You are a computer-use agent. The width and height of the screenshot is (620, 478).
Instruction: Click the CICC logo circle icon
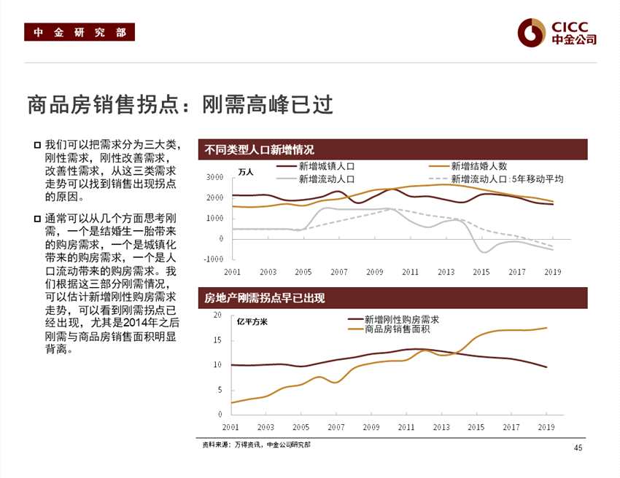(532, 32)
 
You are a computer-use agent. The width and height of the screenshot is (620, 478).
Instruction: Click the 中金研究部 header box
(80, 33)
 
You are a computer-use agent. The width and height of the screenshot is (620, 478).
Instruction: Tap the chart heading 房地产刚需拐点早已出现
(264, 298)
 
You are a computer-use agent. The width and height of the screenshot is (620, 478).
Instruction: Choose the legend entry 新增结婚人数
(478, 167)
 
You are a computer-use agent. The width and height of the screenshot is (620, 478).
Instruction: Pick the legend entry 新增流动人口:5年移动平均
(507, 179)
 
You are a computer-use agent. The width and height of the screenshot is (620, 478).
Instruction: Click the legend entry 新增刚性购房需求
(401, 319)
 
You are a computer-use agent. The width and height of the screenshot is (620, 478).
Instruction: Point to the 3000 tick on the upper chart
(214, 177)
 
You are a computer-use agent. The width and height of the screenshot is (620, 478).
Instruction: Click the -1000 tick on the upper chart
(213, 259)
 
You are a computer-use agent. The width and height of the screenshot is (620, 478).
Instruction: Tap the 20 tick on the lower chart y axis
(217, 315)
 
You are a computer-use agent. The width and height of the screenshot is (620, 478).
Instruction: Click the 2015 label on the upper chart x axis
(481, 272)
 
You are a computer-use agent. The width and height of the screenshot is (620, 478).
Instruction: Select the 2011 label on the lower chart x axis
(406, 427)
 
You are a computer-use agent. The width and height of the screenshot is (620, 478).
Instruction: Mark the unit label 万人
(246, 172)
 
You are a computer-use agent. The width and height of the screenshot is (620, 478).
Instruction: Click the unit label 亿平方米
(252, 321)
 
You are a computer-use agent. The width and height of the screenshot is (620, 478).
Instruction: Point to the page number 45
(578, 448)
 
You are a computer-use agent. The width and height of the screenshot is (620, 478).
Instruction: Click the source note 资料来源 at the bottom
(256, 444)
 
